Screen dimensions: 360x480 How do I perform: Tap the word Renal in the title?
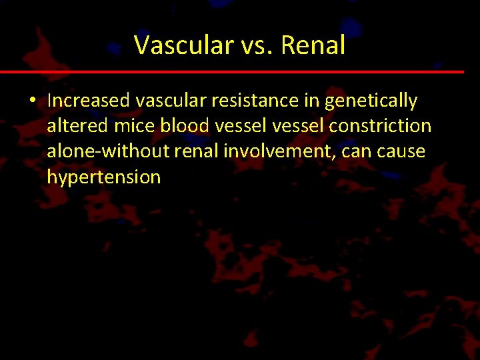coord(313,45)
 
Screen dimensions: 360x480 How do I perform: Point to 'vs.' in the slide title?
coord(255,45)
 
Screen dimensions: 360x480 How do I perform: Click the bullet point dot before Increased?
coord(32,101)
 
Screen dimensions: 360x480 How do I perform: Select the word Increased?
coord(88,101)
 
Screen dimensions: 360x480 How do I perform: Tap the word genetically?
coord(371,101)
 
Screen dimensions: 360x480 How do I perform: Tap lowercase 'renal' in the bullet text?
coord(198,151)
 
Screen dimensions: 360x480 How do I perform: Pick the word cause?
coord(403,151)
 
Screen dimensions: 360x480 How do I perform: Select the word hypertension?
coord(104,177)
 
